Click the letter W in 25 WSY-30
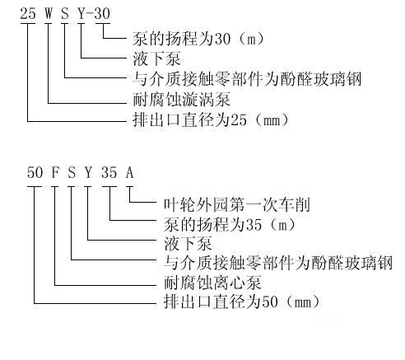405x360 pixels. (49, 13)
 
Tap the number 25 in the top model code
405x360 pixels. (28, 13)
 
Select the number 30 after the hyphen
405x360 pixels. (102, 13)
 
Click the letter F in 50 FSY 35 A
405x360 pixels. (55, 172)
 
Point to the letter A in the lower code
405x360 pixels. (129, 172)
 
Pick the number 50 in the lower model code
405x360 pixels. (35, 172)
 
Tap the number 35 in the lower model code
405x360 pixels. (109, 172)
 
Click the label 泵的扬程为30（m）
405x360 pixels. (198, 39)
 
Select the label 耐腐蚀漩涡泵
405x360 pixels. (181, 100)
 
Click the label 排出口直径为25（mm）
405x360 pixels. (211, 119)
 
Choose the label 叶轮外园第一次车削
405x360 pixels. (237, 204)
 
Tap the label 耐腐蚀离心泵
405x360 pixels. (212, 283)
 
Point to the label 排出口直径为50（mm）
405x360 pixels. (242, 302)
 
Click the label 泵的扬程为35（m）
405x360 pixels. (230, 224)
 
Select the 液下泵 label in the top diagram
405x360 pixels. (156, 58)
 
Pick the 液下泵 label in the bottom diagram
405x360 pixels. (188, 244)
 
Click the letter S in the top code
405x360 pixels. (65, 13)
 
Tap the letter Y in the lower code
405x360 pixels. (88, 172)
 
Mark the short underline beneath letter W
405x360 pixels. (49, 23)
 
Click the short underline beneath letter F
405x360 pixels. (55, 187)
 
